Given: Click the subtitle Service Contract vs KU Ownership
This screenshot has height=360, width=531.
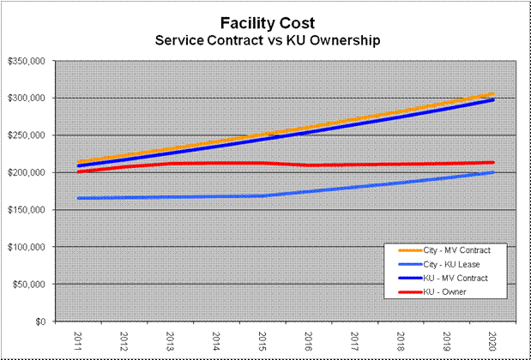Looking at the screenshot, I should (265, 40).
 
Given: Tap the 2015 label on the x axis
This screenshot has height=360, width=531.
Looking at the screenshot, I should (262, 339).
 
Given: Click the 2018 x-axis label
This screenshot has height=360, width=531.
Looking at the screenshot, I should (401, 339).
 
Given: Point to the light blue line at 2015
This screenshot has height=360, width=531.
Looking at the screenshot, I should (262, 195).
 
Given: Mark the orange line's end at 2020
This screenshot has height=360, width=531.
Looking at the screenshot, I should (492, 94).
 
